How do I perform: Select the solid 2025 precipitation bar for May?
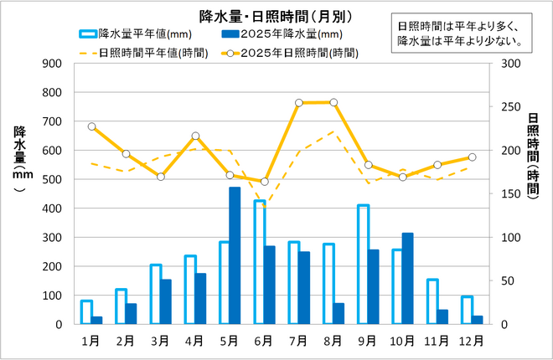[235, 255]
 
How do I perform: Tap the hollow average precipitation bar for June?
[260, 262]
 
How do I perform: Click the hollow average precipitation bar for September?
[364, 264]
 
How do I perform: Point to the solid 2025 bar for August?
[339, 313]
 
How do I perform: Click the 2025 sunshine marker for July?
[299, 103]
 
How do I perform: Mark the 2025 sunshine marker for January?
[91, 126]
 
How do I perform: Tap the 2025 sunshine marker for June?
[265, 182]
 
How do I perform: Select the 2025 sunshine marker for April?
[195, 136]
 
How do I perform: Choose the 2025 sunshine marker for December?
[473, 157]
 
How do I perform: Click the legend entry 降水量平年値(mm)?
[126, 34]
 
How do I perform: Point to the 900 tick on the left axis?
[52, 64]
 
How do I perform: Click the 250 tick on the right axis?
[509, 107]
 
